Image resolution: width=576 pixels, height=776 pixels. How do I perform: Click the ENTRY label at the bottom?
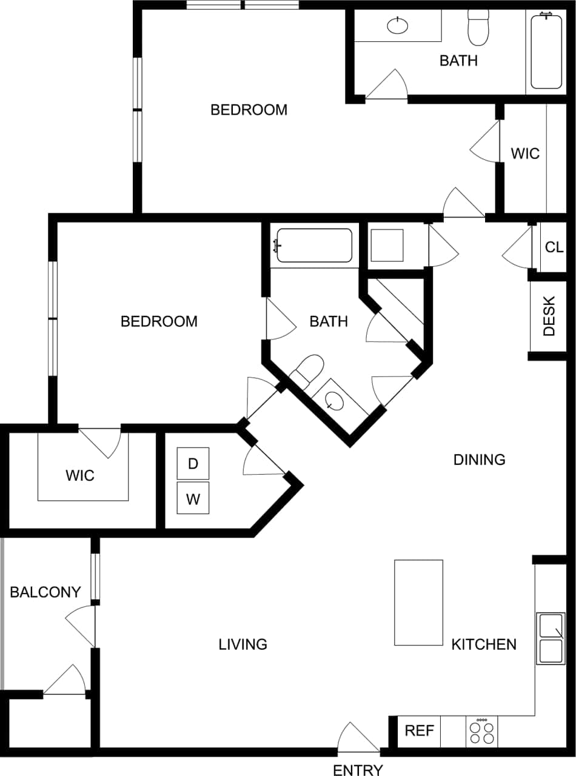pyautogui.click(x=358, y=770)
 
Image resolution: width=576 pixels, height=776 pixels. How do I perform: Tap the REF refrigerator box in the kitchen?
pyautogui.click(x=420, y=731)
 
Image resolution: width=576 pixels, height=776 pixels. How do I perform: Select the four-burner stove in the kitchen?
pyautogui.click(x=481, y=731)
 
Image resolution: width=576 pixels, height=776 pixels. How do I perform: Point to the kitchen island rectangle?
pyautogui.click(x=418, y=602)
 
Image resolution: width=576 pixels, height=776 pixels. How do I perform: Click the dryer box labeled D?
pyautogui.click(x=193, y=464)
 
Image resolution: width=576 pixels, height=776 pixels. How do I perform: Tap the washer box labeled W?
pyautogui.click(x=193, y=499)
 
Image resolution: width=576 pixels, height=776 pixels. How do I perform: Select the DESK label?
pyautogui.click(x=549, y=316)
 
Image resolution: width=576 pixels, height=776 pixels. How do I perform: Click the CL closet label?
pyautogui.click(x=554, y=247)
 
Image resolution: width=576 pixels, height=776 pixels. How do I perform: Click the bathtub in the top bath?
pyautogui.click(x=547, y=52)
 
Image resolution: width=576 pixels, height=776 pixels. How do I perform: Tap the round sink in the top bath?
pyautogui.click(x=398, y=25)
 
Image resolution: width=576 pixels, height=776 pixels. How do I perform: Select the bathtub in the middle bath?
pyautogui.click(x=314, y=245)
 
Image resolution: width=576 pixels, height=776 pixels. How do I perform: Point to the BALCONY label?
pyautogui.click(x=45, y=592)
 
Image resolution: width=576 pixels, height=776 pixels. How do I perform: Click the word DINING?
pyautogui.click(x=479, y=460)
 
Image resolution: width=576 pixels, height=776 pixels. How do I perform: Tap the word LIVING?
pyautogui.click(x=243, y=644)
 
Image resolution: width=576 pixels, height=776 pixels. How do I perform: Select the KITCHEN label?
pyautogui.click(x=484, y=644)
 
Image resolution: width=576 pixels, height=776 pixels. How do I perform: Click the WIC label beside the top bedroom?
pyautogui.click(x=524, y=153)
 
